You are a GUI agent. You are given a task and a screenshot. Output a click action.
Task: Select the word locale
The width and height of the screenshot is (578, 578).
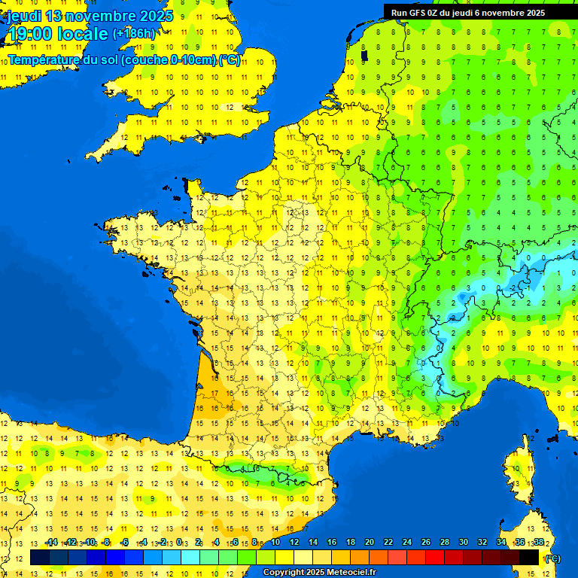[x=84, y=34]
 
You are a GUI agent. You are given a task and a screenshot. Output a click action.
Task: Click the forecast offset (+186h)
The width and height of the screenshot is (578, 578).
[x=133, y=34]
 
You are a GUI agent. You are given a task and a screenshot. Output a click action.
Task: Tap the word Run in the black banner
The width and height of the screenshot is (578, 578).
[x=400, y=12]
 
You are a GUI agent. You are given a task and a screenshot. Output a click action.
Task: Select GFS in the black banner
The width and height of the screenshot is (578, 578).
[x=418, y=12]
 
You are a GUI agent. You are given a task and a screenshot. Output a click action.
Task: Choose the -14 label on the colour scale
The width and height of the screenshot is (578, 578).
[x=51, y=542]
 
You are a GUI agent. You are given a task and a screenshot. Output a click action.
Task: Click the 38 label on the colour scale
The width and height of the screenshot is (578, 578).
[x=538, y=542]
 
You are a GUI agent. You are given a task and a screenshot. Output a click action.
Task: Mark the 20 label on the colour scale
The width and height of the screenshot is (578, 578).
[x=370, y=542]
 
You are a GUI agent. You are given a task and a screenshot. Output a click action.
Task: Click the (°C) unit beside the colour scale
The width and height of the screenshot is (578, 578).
[x=552, y=558]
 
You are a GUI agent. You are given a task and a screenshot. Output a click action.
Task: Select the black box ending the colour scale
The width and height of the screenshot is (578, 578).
[x=530, y=557]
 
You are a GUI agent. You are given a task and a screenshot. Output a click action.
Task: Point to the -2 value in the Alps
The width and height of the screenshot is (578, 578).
[x=513, y=287]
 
